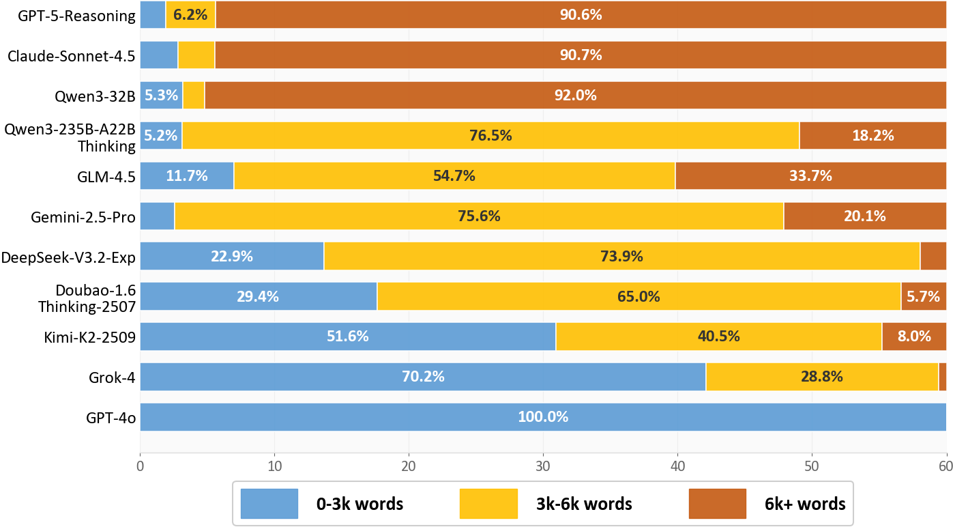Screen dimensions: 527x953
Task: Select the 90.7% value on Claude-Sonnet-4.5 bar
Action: coord(581,55)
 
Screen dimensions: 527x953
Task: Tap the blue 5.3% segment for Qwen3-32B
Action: coord(161,96)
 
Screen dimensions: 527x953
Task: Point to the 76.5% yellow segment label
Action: coord(490,136)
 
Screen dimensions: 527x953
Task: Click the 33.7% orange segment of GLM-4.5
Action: coord(810,176)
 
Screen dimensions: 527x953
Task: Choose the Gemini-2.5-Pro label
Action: coord(83,217)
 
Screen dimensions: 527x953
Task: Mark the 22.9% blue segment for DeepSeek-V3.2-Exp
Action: coord(232,257)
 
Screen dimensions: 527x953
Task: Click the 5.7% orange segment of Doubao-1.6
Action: coord(924,296)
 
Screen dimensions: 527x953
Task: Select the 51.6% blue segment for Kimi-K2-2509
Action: coord(348,337)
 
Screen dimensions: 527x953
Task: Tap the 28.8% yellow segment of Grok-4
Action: coord(822,377)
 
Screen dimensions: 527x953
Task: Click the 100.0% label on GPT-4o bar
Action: coord(543,417)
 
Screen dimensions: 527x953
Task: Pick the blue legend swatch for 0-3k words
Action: coord(269,504)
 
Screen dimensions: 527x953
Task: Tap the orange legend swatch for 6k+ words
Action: coord(718,504)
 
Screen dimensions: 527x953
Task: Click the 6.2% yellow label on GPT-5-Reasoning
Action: coord(190,14)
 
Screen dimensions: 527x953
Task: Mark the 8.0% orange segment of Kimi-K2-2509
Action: coord(914,337)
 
